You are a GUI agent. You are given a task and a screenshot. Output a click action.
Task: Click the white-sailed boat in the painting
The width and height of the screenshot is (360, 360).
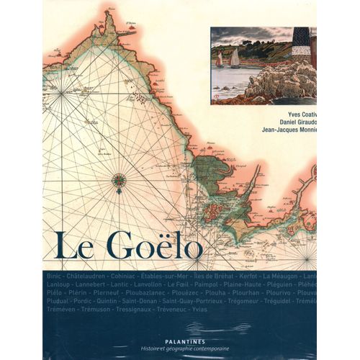click(x=235, y=58)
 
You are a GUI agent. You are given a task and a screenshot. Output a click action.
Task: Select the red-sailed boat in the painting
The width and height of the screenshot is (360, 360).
click(x=220, y=59)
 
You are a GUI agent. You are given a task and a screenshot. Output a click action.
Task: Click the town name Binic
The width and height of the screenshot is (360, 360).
click(x=53, y=276)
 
